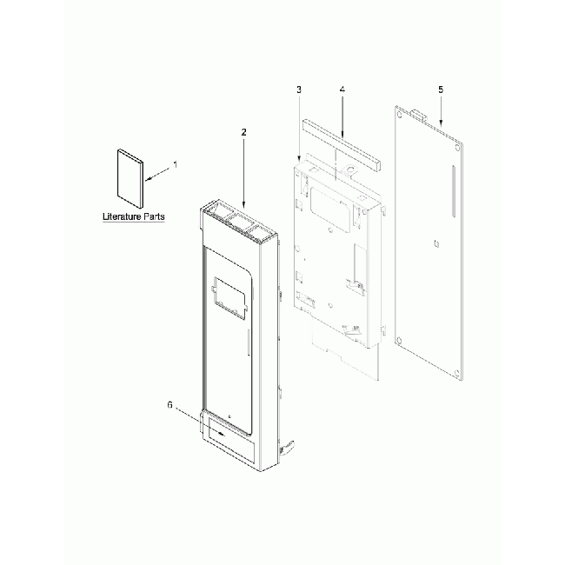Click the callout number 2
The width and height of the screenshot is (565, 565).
click(243, 132)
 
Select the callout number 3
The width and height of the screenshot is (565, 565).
click(298, 90)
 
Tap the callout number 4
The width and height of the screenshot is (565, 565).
click(342, 90)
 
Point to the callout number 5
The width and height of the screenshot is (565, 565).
click(440, 90)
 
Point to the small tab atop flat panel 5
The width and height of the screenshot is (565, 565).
click(418, 112)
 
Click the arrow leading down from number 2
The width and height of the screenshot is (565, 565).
click(244, 173)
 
